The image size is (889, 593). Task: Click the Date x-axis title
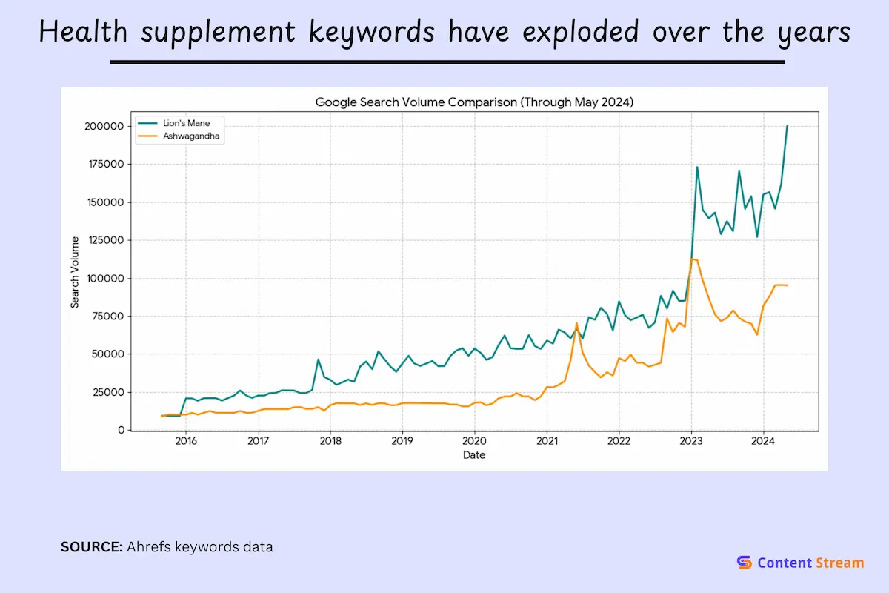(474, 455)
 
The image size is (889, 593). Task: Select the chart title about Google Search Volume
(474, 102)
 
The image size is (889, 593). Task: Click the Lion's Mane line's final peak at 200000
(787, 126)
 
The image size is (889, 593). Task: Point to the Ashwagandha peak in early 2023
(693, 259)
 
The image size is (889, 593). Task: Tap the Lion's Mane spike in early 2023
(697, 167)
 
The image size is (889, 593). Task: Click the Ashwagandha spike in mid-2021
(576, 323)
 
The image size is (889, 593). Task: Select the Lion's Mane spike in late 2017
(319, 360)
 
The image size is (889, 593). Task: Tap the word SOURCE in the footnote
(91, 548)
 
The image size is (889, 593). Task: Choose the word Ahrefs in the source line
(149, 548)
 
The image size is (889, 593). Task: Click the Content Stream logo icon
(745, 563)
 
